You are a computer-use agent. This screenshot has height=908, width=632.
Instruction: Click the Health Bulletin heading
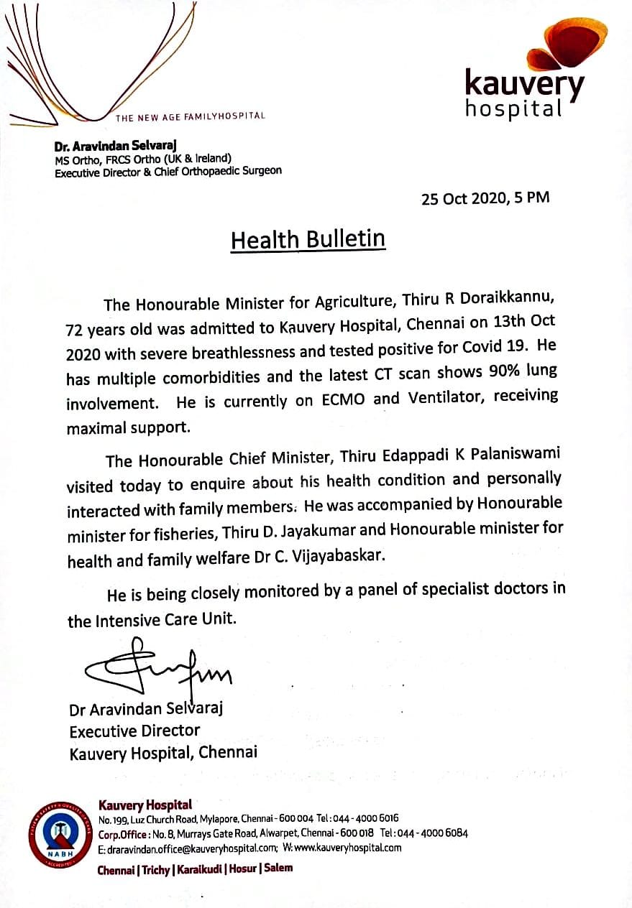coord(308,239)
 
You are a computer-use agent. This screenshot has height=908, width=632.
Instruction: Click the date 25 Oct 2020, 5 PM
coord(485,198)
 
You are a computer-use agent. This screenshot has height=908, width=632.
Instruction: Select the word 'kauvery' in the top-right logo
coord(524,85)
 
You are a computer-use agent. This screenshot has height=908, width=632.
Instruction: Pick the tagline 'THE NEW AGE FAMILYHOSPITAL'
coord(191,116)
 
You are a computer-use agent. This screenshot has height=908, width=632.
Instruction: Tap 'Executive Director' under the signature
coord(134,731)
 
